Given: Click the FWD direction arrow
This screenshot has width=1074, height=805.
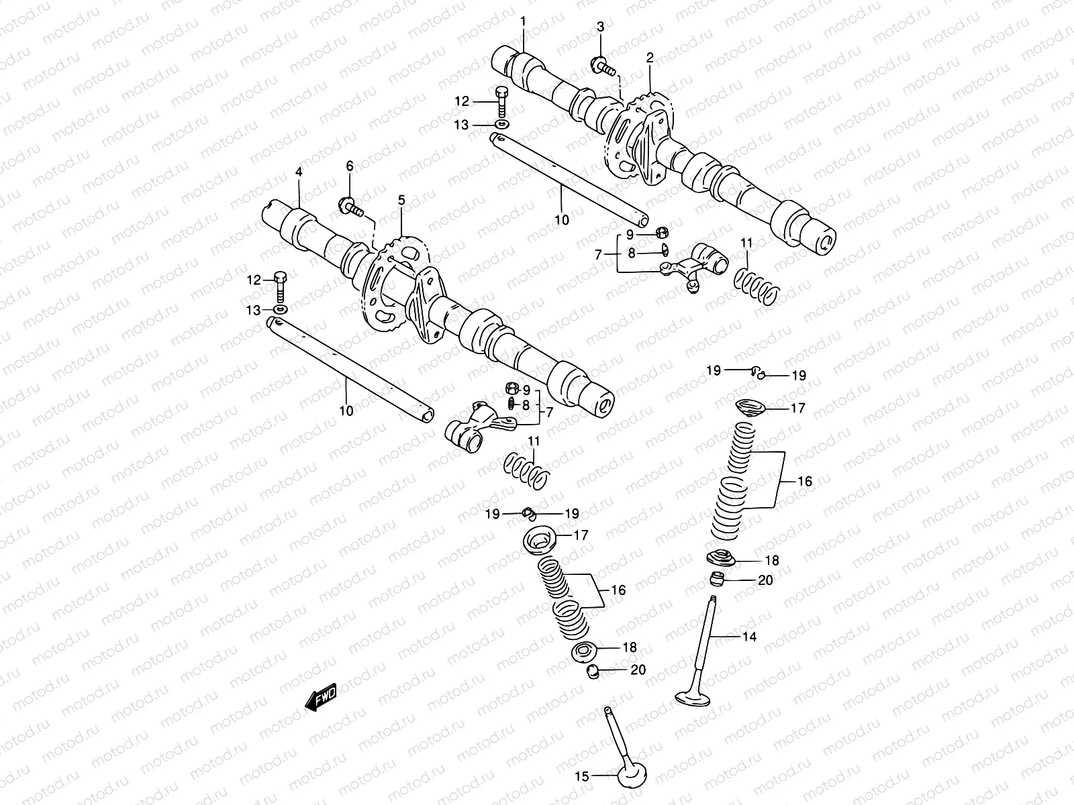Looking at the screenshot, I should [320, 698].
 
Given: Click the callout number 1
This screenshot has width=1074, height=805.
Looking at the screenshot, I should [524, 22].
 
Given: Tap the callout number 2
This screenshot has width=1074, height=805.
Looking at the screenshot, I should [650, 58].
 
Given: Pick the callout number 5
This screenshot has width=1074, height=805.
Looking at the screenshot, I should [401, 200].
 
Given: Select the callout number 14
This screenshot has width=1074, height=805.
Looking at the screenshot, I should [749, 637].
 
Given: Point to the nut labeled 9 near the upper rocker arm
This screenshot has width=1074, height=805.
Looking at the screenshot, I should [661, 232].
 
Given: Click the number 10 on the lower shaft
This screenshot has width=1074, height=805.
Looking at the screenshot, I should [346, 411].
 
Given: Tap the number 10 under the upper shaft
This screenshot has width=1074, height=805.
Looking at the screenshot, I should [562, 219].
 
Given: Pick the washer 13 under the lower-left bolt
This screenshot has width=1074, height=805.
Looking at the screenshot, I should [280, 309].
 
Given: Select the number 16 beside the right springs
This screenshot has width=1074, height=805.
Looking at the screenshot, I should [805, 481].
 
